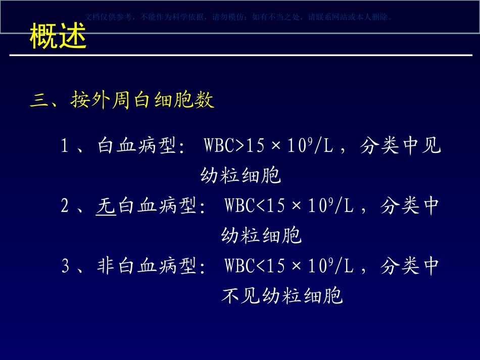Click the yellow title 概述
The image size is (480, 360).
pyautogui.click(x=58, y=36)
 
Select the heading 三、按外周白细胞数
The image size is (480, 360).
pyautogui.click(x=122, y=100)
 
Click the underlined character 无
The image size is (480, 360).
pyautogui.click(x=106, y=206)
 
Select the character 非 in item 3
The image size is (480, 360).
pyautogui.click(x=106, y=266)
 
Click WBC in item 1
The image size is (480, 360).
pyautogui.click(x=219, y=146)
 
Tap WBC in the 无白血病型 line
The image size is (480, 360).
pyautogui.click(x=240, y=206)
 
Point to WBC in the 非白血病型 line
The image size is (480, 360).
pyautogui.click(x=240, y=266)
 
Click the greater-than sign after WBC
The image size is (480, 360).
pyautogui.click(x=239, y=146)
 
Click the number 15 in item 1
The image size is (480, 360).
pyautogui.click(x=255, y=146)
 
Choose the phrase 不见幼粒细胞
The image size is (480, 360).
pyautogui.click(x=282, y=296)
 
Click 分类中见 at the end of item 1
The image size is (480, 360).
pyautogui.click(x=401, y=146)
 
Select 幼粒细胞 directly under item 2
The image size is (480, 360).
pyautogui.click(x=261, y=236)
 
